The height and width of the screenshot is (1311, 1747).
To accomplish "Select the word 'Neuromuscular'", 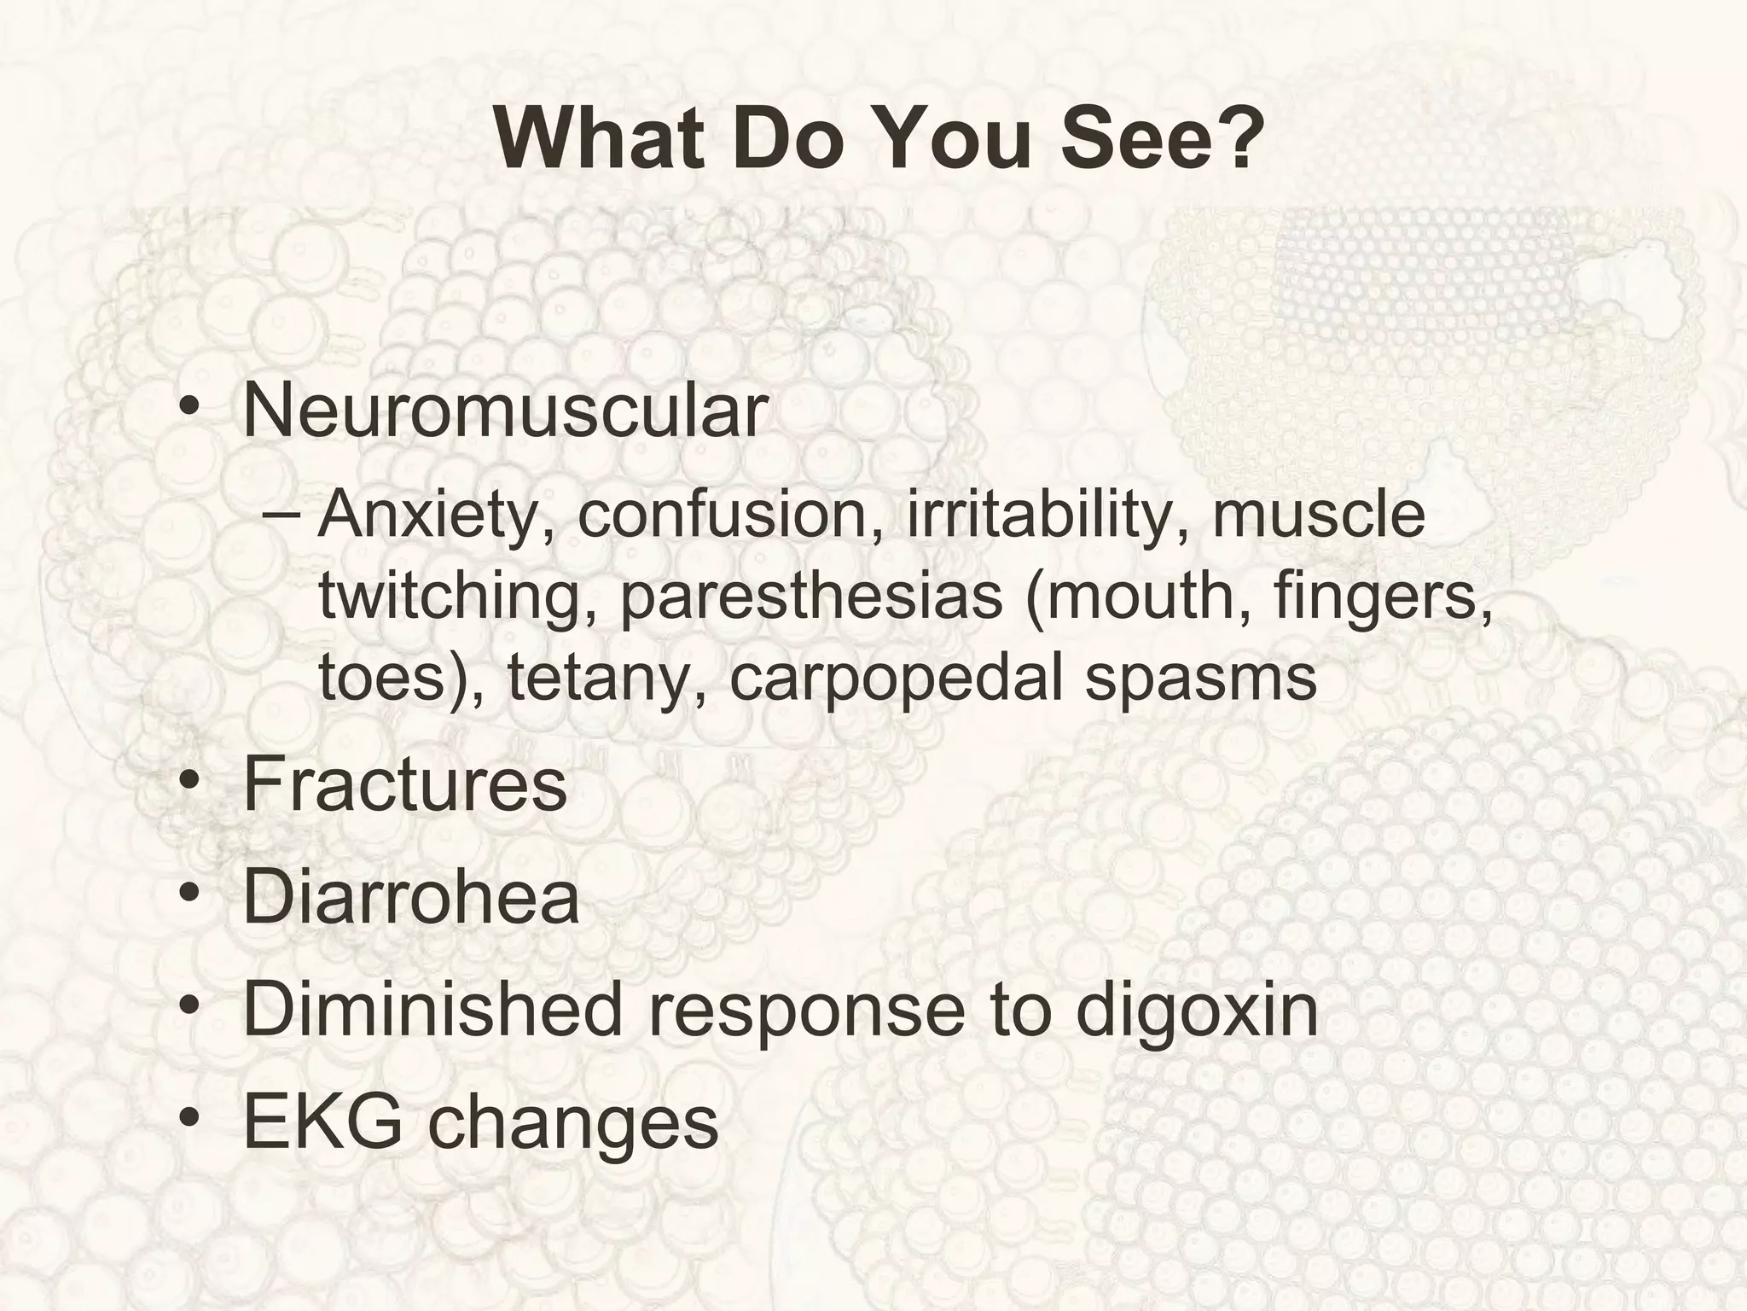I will (505, 411).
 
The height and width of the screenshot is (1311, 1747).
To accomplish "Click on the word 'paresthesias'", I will (811, 597).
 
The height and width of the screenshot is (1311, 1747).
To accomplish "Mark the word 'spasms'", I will (1201, 678).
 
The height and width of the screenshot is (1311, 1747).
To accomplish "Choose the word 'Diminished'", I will (432, 1010).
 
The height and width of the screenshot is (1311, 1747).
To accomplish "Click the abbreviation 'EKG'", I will (322, 1122).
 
